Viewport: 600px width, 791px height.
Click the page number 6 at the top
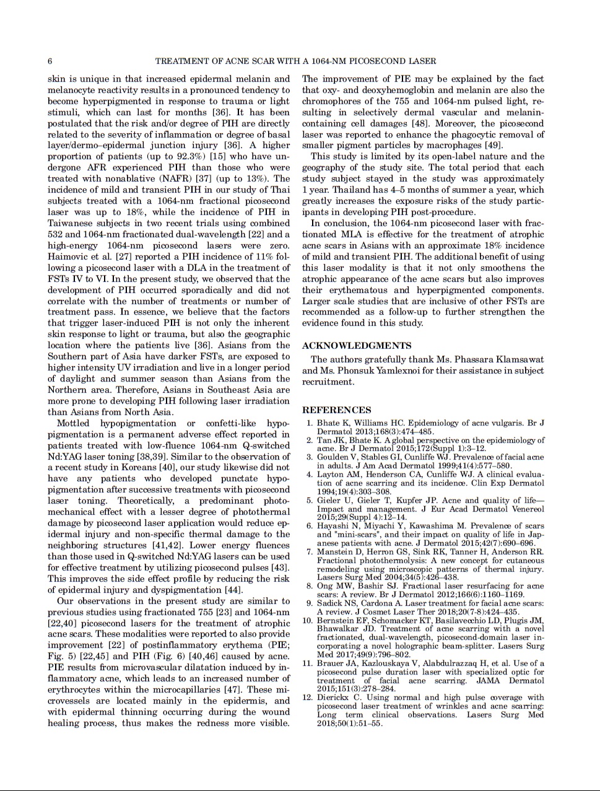[50, 61]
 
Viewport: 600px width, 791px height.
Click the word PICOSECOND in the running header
[367, 61]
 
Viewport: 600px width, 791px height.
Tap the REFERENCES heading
[337, 410]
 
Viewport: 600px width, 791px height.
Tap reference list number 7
[309, 552]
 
